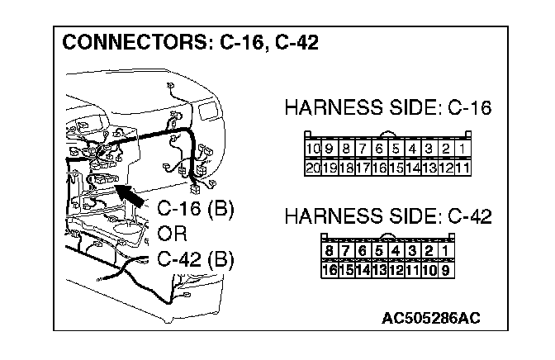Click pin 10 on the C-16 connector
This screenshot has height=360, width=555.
coord(312,149)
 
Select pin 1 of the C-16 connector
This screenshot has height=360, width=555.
coord(463,149)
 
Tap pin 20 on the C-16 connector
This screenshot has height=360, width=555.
coord(312,167)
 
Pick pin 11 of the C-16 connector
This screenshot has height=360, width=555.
coord(463,167)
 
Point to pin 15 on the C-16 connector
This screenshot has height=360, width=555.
coord(396,167)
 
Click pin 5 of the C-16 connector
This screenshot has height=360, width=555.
coord(396,149)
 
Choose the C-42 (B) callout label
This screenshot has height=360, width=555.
coord(195,259)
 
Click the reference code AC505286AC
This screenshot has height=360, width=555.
coord(430,317)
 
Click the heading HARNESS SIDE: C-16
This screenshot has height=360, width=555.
coord(387,108)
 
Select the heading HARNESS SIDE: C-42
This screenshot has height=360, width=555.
coord(387,217)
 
